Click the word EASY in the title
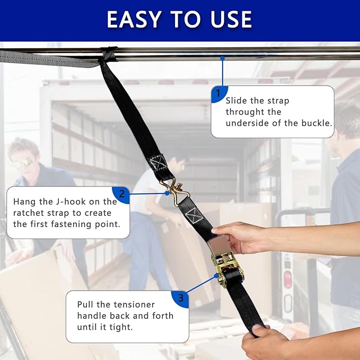[134, 20]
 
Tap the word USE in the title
[231, 20]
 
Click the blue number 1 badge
[219, 94]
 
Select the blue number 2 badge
[121, 195]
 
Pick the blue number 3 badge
[180, 298]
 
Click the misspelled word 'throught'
[253, 112]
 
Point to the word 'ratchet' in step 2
[29, 213]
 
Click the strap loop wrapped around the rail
[109, 54]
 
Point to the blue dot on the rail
[222, 58]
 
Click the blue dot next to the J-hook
[167, 194]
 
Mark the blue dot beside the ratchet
[216, 276]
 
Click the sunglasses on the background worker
[22, 163]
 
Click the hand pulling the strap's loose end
[264, 342]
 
